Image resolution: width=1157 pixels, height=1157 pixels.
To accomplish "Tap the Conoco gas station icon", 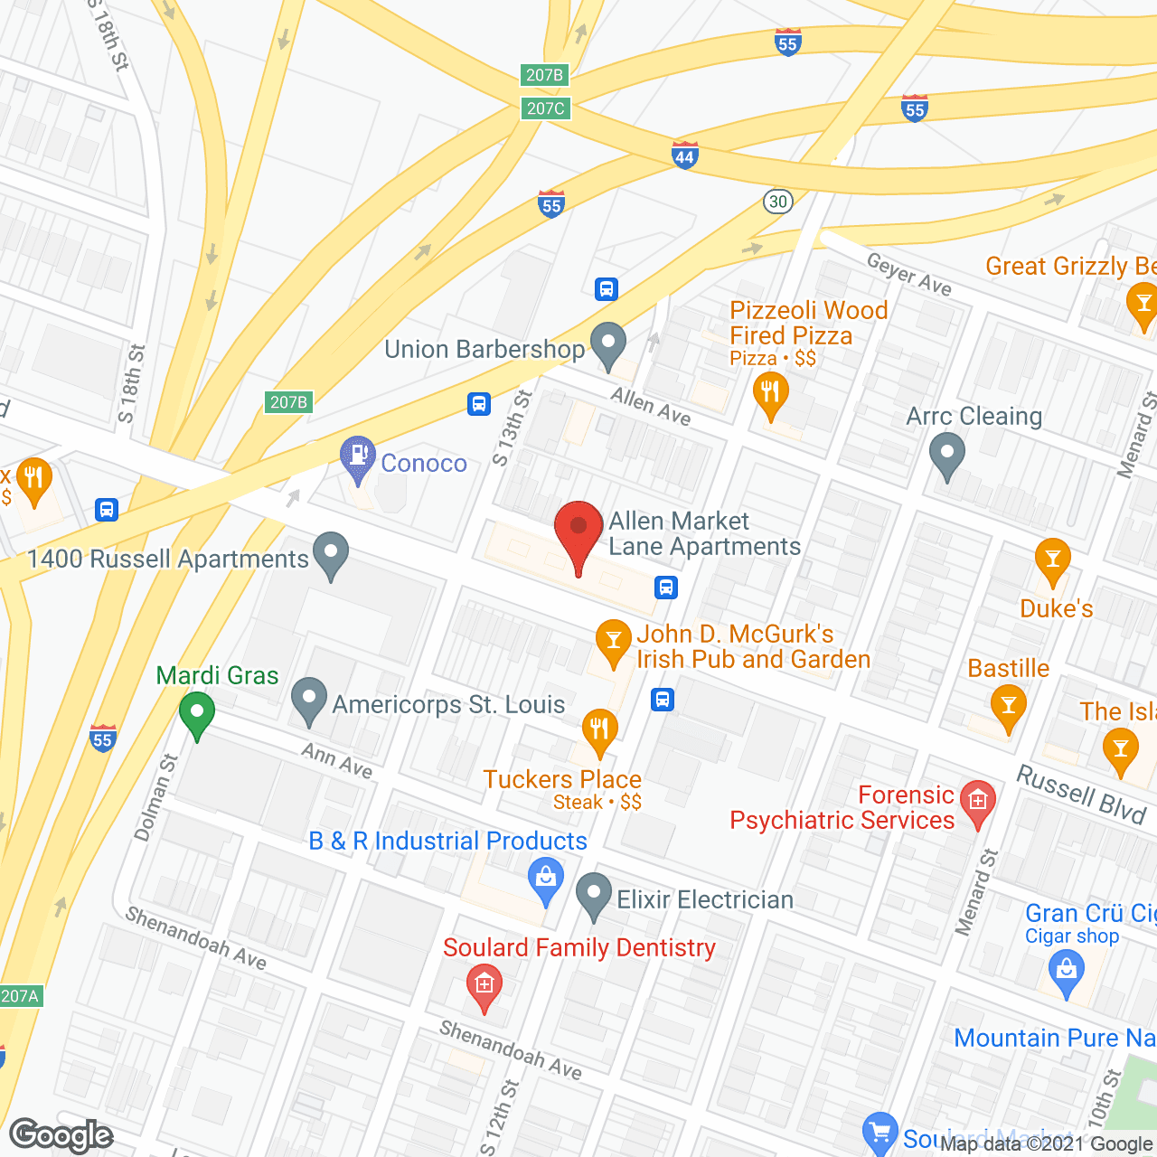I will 358,456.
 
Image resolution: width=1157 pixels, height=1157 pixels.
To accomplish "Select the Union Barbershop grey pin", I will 607,344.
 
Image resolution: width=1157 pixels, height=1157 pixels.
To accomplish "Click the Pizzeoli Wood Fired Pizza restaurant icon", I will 770,394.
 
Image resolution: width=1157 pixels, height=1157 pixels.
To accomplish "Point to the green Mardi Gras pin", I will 196,713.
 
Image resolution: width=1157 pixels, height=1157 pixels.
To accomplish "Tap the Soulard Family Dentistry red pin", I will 484,984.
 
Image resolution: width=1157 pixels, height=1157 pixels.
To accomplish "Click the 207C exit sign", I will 545,108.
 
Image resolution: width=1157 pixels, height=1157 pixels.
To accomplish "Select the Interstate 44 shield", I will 684,155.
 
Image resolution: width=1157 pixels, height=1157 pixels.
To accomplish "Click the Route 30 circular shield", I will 777,201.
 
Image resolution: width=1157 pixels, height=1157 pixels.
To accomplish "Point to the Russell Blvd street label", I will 1081,794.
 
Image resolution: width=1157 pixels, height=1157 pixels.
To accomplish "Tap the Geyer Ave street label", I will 908,273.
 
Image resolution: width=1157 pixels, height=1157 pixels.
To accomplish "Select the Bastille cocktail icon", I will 1008,706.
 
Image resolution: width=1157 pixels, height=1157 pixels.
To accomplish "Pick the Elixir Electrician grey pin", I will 594,894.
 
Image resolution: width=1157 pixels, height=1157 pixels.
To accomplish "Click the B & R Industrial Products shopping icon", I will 545,879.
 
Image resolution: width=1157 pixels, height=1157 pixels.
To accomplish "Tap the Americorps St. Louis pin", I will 308,699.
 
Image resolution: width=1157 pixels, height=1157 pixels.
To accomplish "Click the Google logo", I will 61,1135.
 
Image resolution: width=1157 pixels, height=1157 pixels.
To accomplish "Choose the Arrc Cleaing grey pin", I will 946,455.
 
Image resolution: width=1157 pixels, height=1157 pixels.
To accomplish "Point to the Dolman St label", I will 156,798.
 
